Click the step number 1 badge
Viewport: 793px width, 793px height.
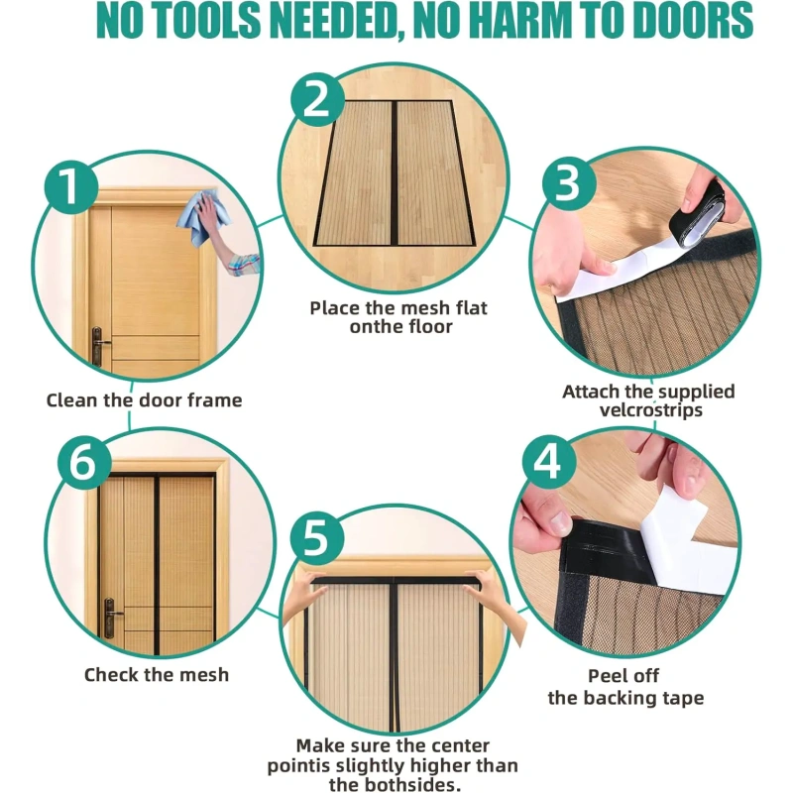70,186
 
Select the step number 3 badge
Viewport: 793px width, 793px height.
569,183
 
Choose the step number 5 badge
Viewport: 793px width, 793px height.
317,537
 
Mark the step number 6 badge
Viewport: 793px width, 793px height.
84,461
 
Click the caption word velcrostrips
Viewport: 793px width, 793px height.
651,409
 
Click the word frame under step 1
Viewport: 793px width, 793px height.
215,400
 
